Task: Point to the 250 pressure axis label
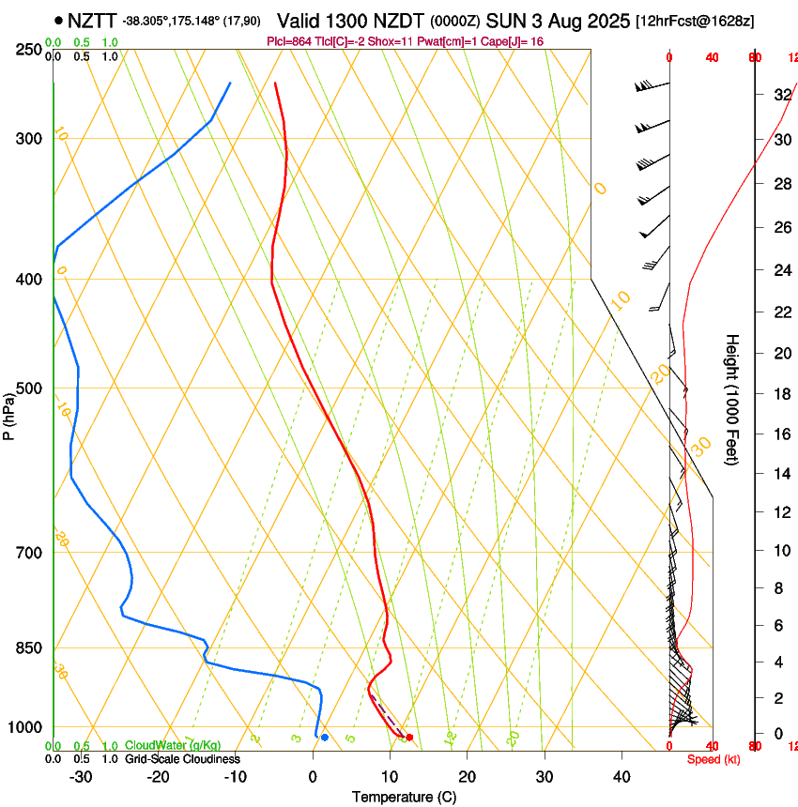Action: tap(29, 49)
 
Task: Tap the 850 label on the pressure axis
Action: tap(29, 647)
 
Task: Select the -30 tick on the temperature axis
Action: tap(81, 777)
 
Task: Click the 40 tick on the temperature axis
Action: tap(622, 777)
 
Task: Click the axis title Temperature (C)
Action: tap(404, 797)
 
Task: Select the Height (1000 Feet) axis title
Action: tap(732, 399)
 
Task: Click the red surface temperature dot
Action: tap(409, 737)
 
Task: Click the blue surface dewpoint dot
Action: tap(324, 737)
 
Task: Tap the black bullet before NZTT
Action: tap(59, 20)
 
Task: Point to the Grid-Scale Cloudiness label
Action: tap(182, 758)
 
